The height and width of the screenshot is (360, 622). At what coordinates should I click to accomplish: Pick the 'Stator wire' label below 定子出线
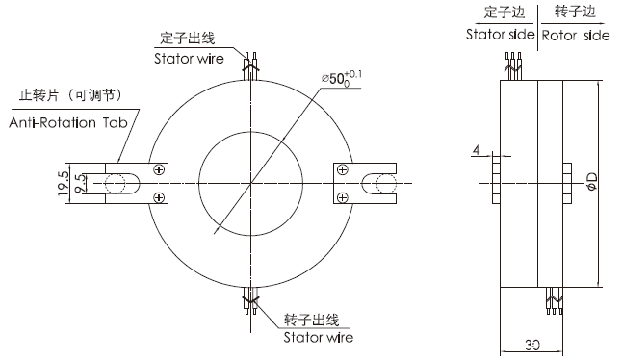[189, 57]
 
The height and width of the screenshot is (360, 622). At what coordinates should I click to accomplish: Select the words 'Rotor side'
[576, 35]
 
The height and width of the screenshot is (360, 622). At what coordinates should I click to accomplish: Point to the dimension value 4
[476, 150]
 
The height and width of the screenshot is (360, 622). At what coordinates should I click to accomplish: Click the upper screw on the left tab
[158, 170]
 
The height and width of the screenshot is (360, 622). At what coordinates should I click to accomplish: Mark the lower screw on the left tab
[158, 197]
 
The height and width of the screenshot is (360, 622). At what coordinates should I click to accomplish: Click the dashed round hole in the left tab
[119, 184]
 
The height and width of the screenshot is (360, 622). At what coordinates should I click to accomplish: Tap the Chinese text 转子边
[577, 12]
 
